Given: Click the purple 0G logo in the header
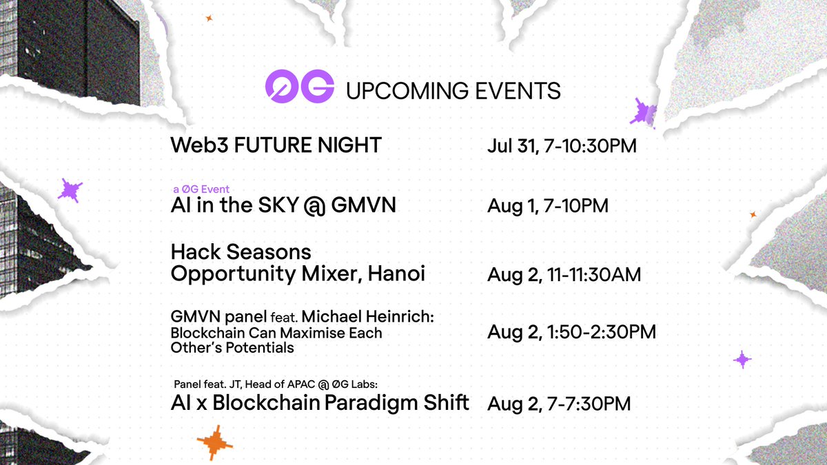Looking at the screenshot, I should [x=300, y=88].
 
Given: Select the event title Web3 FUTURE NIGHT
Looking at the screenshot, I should [x=276, y=145].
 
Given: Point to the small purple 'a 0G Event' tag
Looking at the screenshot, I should [x=201, y=189].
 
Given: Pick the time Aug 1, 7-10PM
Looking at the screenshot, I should [x=547, y=206].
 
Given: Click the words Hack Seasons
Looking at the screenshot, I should [x=241, y=251].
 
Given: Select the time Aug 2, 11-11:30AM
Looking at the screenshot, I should [x=564, y=275].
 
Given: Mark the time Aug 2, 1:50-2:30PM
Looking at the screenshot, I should [x=571, y=332].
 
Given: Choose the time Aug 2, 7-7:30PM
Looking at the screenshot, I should [x=558, y=404].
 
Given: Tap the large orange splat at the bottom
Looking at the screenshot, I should [x=214, y=442].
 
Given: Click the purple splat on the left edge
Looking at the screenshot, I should [x=70, y=189].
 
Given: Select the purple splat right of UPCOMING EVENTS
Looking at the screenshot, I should [x=644, y=111].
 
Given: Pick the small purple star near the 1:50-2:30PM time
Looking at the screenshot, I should [x=742, y=359].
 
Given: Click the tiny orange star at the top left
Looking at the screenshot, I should [x=209, y=19].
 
